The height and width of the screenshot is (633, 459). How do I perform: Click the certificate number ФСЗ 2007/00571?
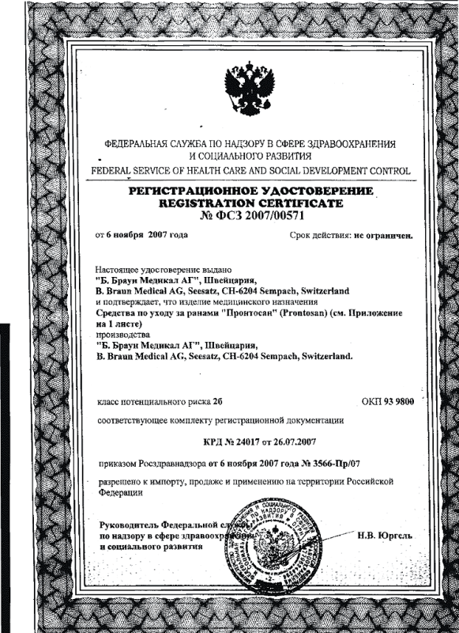click(x=250, y=215)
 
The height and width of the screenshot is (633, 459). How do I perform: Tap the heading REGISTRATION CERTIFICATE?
click(x=250, y=203)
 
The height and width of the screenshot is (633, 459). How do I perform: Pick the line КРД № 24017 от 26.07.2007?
click(x=250, y=441)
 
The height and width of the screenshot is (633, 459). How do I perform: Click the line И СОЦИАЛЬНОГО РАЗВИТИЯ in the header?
click(x=250, y=157)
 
